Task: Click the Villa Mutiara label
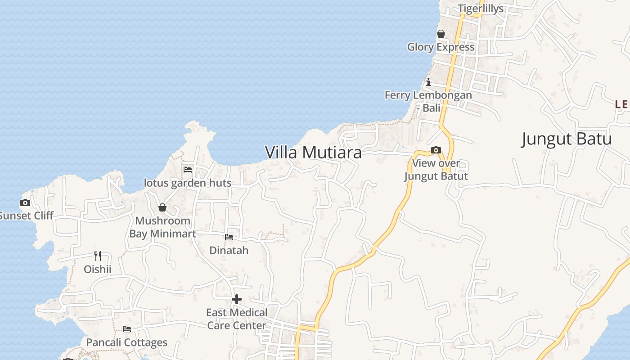click(313, 153)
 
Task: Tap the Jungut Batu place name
click(566, 139)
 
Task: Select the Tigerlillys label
click(481, 9)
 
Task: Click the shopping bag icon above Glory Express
click(441, 34)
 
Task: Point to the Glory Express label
click(441, 47)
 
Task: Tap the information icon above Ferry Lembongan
click(428, 82)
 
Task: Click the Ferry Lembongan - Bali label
click(428, 101)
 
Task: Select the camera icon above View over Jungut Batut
click(436, 150)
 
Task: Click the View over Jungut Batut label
click(436, 170)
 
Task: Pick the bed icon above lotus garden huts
click(188, 170)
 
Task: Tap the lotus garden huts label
click(188, 183)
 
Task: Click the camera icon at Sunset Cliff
click(25, 203)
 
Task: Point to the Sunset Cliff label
click(26, 216)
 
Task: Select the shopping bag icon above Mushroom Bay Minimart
click(162, 207)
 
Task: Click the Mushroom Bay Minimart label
click(162, 227)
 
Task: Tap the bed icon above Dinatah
click(229, 237)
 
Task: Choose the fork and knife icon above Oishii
click(97, 256)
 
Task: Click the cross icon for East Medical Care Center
click(237, 299)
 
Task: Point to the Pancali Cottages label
click(126, 342)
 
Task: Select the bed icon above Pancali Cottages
click(127, 329)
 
